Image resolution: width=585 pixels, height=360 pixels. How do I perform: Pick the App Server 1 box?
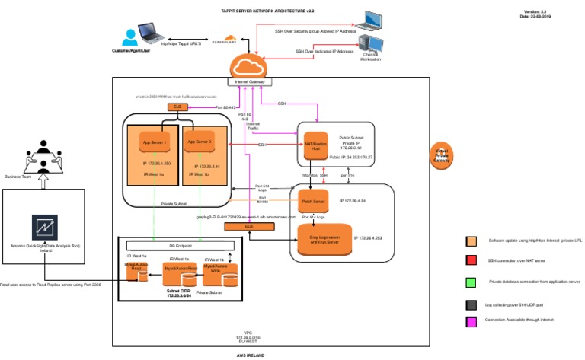pos(155,142)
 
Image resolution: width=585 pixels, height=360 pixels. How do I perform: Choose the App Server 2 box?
pos(199,142)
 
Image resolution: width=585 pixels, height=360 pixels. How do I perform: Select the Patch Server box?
pos(313,202)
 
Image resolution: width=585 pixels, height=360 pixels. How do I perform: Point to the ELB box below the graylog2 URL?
pos(249,227)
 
